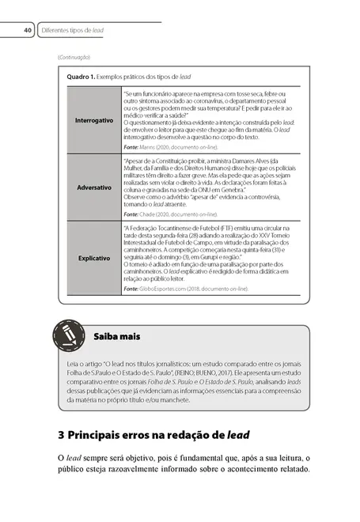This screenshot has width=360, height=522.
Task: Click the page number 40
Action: point(27,30)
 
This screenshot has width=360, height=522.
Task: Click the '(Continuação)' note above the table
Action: point(74,57)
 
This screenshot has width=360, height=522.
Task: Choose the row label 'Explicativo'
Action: point(93,258)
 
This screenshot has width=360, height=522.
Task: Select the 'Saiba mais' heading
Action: point(116,336)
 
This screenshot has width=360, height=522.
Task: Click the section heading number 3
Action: point(62,435)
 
